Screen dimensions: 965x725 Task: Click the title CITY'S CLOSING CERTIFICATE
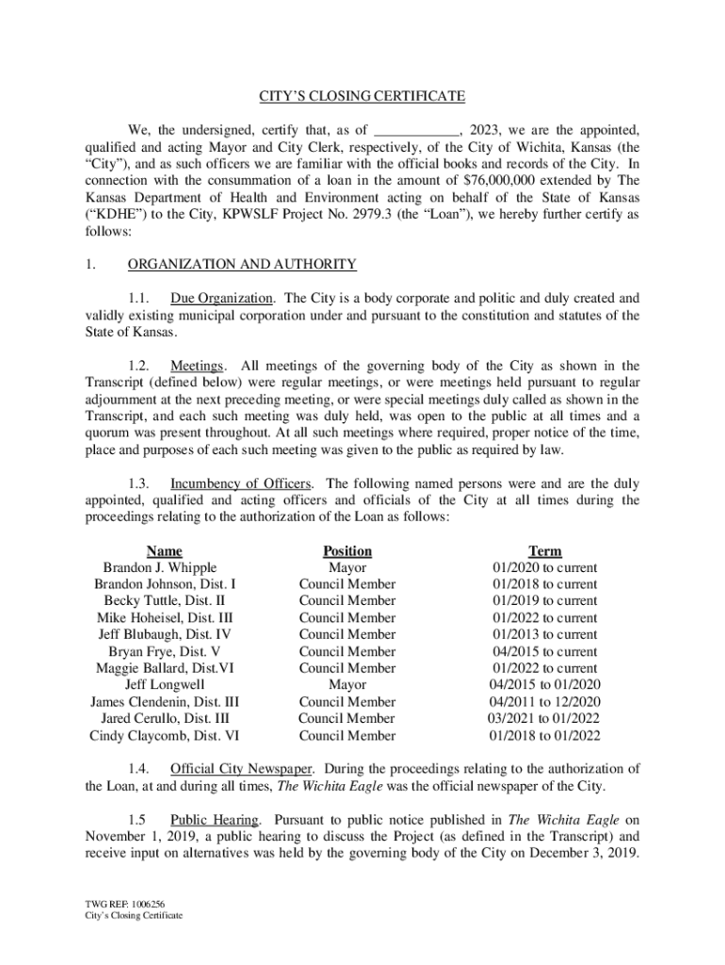(362, 96)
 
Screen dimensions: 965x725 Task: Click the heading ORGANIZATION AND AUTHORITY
(242, 265)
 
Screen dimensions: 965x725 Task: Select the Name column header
(164, 551)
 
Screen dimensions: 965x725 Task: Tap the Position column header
(347, 551)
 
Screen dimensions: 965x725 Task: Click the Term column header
(545, 551)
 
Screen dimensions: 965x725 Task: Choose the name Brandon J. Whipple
(160, 567)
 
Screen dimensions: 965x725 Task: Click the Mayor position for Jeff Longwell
(347, 685)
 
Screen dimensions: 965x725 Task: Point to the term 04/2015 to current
(545, 651)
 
